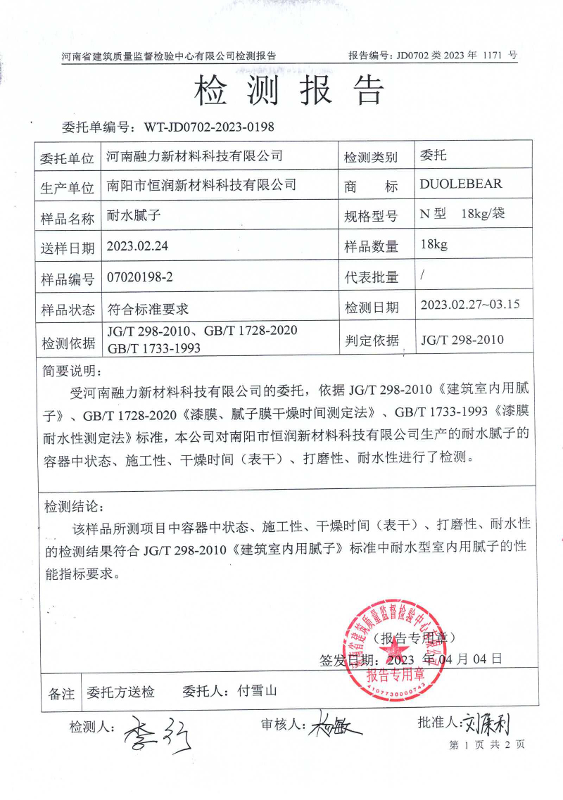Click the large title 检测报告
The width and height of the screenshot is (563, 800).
coord(289,91)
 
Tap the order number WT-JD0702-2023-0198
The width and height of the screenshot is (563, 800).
coord(208,127)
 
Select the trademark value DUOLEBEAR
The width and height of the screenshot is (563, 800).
coord(460,184)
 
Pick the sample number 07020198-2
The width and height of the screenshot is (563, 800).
coord(139,277)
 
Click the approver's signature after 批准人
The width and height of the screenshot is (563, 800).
coord(490,722)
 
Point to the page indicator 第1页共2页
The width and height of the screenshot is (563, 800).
coord(486,744)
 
